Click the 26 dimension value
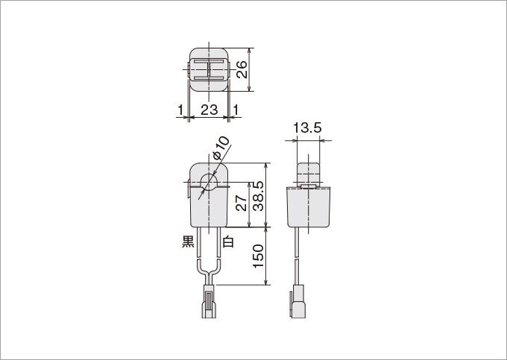click(242, 69)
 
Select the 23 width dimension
click(210, 110)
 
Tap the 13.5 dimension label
click(307, 128)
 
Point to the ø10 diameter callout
click(221, 148)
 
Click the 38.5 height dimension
click(259, 196)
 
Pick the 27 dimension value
click(242, 203)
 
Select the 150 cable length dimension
click(259, 256)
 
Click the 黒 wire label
click(188, 241)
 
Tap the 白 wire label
click(228, 241)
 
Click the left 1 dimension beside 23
click(180, 110)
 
